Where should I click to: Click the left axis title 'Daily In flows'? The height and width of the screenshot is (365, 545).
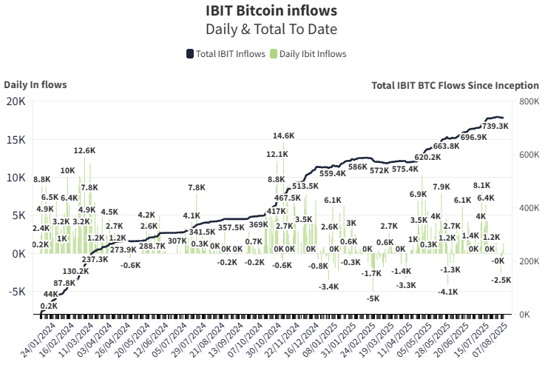click(35, 84)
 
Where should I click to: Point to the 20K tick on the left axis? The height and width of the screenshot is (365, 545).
click(16, 101)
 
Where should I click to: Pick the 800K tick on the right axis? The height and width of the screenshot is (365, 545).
click(529, 101)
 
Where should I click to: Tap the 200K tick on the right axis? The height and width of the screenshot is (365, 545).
click(529, 261)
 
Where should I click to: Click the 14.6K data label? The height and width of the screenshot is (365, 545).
click(283, 136)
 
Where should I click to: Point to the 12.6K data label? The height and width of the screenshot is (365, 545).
click(84, 150)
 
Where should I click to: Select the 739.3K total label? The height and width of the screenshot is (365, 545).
click(495, 126)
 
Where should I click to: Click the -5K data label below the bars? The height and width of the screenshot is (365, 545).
click(373, 298)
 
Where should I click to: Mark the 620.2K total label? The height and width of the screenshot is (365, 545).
click(427, 157)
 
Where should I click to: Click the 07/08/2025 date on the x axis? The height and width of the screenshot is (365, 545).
click(497, 341)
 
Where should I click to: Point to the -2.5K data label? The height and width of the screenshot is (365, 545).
click(501, 280)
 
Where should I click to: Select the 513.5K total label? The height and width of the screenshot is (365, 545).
click(305, 186)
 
